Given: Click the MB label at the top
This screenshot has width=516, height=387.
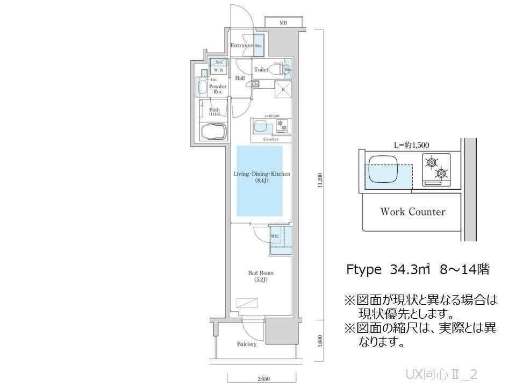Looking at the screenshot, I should click(x=283, y=23).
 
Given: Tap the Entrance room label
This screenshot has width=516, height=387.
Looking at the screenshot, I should click(x=241, y=46).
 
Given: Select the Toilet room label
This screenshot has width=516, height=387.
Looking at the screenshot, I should click(x=261, y=70).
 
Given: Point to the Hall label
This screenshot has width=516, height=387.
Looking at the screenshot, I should click(x=240, y=78).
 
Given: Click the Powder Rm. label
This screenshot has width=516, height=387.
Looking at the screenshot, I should click(x=218, y=89).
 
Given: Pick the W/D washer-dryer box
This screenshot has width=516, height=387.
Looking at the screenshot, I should click(x=218, y=70).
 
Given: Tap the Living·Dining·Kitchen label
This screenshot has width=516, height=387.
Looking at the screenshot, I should click(x=262, y=177).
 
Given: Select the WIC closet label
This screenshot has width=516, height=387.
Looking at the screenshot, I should click(x=274, y=236).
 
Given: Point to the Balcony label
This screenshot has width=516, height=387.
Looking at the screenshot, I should click(x=246, y=344).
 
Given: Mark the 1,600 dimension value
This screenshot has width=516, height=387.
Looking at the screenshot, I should click(x=320, y=341).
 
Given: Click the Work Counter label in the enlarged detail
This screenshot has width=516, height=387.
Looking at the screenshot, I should click(x=412, y=212).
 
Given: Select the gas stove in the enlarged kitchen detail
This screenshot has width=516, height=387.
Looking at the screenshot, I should click(x=436, y=168).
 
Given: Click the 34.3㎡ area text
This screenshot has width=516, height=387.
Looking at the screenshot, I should click(x=410, y=270).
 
